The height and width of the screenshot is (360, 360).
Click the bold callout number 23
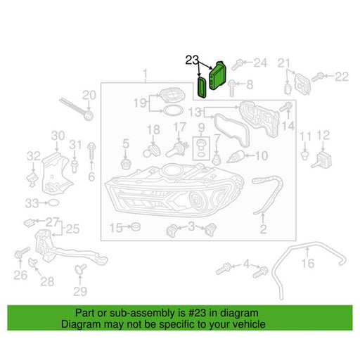pos(192,60)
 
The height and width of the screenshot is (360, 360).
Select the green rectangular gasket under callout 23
pos(202,86)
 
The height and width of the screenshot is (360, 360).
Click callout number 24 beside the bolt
pos(260,63)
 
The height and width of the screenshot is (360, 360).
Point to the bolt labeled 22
pos(317,77)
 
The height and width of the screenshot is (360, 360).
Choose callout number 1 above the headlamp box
pos(146,74)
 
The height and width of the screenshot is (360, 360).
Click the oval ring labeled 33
pos(53,202)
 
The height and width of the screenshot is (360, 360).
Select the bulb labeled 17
pos(177,150)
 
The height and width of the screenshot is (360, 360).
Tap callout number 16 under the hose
pos(308,263)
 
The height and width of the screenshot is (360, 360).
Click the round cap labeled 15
pos(136,226)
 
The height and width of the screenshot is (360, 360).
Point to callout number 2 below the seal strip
pos(263,229)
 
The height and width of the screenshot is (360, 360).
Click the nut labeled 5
pos(126,162)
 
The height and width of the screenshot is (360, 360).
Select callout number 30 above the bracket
pos(58,136)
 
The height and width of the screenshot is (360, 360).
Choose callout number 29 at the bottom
pos(80,291)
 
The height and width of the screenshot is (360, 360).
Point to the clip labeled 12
pos(321,160)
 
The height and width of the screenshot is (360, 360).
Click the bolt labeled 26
pos(22,253)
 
